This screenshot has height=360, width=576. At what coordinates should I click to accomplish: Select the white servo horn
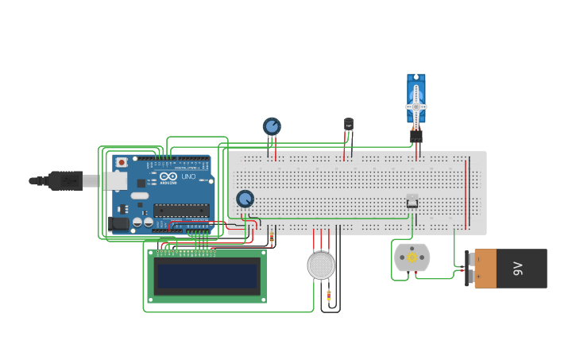coord(416,105)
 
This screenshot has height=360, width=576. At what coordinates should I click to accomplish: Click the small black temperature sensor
coord(348,124)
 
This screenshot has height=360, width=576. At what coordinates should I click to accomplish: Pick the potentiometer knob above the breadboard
coord(272,126)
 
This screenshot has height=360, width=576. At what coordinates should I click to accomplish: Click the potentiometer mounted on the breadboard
coord(245,199)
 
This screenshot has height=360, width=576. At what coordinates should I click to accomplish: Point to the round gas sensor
coord(321,265)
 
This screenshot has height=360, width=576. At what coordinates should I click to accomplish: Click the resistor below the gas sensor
coord(329,295)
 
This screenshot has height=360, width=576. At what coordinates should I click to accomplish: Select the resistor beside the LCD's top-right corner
coord(272,237)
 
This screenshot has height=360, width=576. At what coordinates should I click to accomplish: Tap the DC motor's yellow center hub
coord(412,257)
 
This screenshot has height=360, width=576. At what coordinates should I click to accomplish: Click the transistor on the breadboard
coord(412,200)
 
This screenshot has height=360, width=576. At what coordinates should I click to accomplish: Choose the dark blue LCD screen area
coord(207,277)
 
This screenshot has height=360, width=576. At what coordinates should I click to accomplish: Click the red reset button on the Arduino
coord(121,162)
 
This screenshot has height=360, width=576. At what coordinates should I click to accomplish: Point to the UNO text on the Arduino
coord(188,176)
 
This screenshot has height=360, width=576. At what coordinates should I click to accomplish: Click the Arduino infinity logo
coord(167,176)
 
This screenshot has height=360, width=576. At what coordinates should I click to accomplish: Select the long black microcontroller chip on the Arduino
coord(181,210)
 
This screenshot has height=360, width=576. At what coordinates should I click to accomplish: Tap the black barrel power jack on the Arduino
coord(119,223)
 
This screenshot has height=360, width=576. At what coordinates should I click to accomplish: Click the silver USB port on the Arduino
coord(114,181)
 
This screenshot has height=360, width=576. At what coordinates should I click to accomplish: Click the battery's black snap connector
coord(470,269)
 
